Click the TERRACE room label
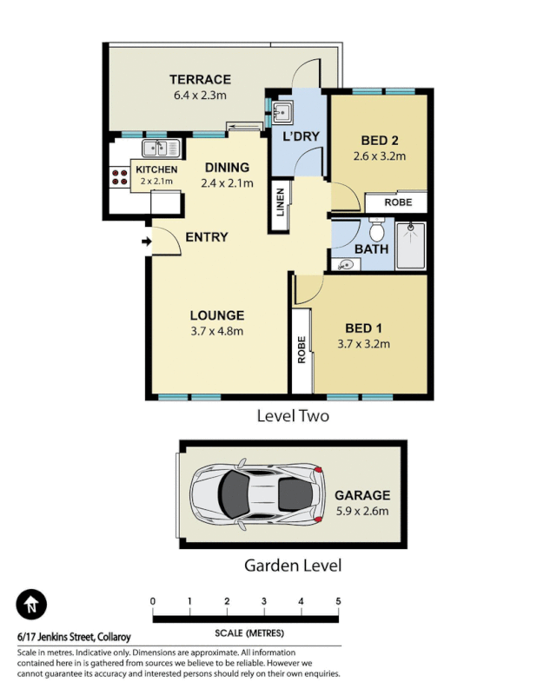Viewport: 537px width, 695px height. (200, 79)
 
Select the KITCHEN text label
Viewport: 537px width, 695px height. (156, 169)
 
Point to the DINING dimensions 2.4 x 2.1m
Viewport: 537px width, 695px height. (226, 183)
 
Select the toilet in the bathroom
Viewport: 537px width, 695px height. (377, 231)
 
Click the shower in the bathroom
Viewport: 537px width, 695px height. (411, 246)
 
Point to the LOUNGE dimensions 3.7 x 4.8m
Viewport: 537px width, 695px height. (217, 331)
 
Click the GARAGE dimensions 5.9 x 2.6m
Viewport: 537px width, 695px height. (362, 511)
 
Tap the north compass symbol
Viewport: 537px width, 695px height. (32, 604)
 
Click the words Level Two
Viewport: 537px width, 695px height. (293, 416)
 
